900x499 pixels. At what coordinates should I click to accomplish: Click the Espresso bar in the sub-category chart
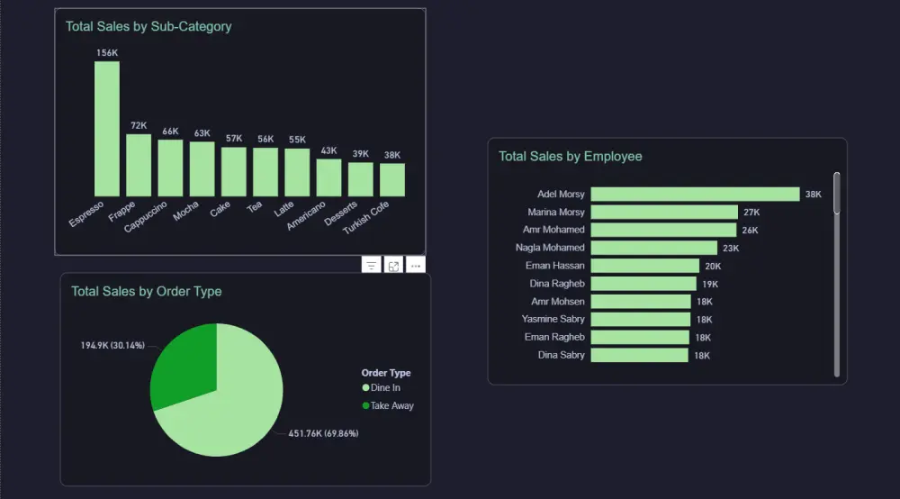tap(107, 129)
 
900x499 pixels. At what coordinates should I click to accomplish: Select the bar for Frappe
tap(139, 165)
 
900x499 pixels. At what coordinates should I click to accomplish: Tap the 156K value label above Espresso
tap(107, 53)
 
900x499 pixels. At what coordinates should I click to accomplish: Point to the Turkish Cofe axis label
tap(367, 217)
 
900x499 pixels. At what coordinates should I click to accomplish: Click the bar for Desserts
tap(360, 179)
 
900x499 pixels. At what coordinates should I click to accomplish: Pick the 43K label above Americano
tap(329, 150)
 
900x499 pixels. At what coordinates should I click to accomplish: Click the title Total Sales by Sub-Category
tap(148, 27)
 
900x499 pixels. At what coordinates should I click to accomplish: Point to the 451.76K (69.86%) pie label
tap(323, 433)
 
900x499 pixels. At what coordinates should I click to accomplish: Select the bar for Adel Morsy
tap(695, 194)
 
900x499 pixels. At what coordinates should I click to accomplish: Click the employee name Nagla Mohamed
tap(550, 248)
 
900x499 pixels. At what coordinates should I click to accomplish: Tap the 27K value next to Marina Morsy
tap(751, 213)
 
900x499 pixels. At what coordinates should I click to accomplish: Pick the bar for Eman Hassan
tap(644, 266)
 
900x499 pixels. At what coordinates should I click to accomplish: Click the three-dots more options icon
tap(415, 266)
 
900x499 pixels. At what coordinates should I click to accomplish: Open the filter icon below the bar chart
tap(372, 266)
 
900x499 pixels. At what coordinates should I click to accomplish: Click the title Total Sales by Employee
tap(571, 157)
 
